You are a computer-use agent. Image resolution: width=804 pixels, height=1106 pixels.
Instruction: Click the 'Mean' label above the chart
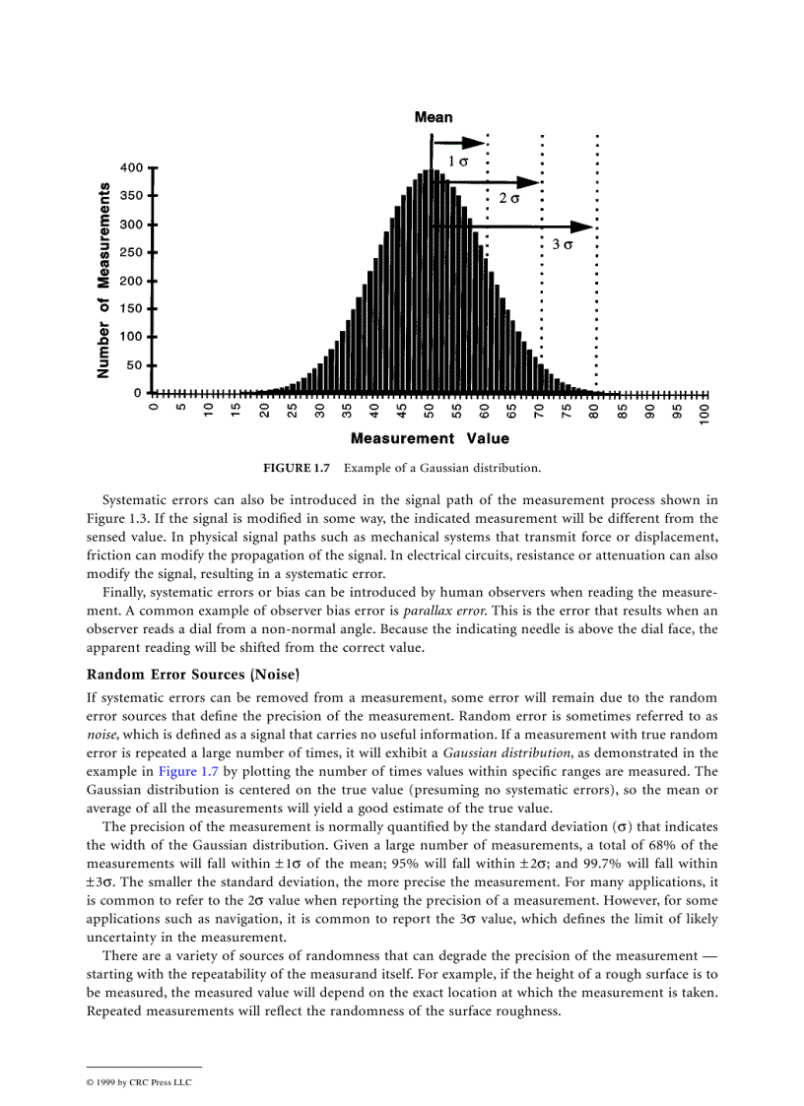click(434, 117)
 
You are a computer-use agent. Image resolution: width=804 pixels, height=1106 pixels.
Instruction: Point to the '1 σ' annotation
click(457, 161)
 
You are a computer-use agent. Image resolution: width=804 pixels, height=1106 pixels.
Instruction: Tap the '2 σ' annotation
click(508, 199)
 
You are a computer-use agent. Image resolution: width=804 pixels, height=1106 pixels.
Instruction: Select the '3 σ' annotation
click(562, 244)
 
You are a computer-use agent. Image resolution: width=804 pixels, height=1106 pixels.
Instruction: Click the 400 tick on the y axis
click(131, 167)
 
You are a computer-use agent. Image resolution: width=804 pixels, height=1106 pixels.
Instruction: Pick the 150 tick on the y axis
click(131, 309)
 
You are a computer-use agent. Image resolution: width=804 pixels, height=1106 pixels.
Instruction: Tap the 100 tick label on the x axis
click(705, 414)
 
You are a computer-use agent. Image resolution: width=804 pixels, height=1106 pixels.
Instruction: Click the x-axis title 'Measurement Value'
click(430, 438)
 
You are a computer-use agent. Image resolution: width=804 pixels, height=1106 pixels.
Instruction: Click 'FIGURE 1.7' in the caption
click(297, 467)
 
